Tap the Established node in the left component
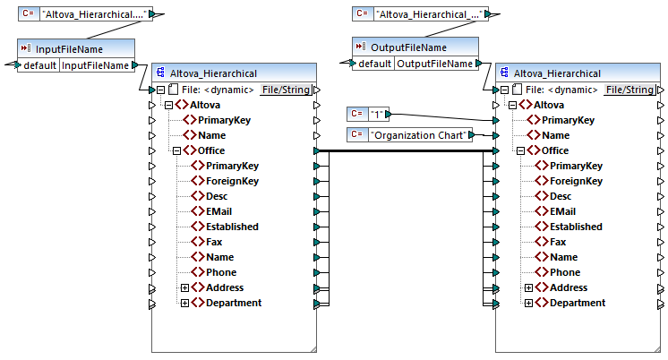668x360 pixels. point(232,227)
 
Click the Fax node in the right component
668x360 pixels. point(557,242)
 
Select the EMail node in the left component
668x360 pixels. point(219,211)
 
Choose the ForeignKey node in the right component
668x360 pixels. point(577,181)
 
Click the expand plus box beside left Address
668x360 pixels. point(185,287)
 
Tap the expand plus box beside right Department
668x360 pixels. point(529,303)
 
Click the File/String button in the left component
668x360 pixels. point(287,90)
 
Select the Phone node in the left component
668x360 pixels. point(221,272)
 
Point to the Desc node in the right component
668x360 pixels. point(560,196)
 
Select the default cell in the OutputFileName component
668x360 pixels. point(374,64)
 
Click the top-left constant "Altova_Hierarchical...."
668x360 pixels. point(95,14)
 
